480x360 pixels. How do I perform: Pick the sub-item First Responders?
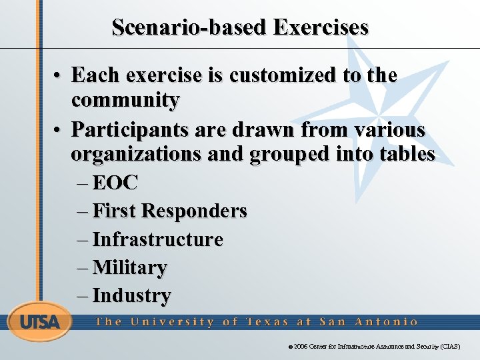(169, 211)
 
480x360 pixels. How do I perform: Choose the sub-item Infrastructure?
(157, 239)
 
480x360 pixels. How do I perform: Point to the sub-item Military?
(129, 267)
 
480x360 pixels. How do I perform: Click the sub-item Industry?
(131, 295)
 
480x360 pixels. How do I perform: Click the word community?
(125, 101)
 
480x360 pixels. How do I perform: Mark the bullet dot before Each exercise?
(59, 76)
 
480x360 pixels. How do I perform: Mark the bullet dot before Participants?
(59, 129)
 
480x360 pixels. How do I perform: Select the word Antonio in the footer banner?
(387, 321)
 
